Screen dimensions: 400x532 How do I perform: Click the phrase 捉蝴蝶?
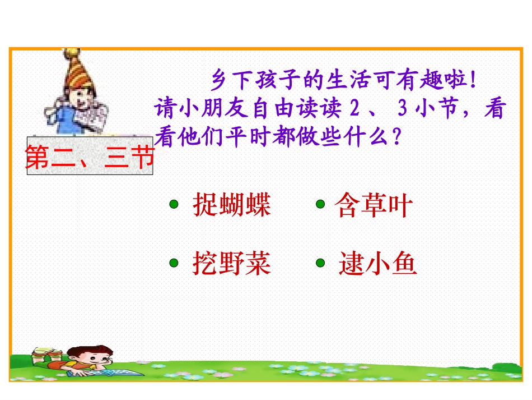[232, 206]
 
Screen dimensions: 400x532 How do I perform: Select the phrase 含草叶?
[374, 206]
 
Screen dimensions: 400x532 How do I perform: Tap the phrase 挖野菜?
[232, 263]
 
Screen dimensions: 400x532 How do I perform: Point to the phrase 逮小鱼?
[378, 264]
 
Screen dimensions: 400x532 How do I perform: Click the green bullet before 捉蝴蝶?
[174, 205]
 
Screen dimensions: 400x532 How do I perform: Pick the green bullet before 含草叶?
[321, 204]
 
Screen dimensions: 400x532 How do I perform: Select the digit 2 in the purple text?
[353, 109]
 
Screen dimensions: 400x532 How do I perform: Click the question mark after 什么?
[397, 136]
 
